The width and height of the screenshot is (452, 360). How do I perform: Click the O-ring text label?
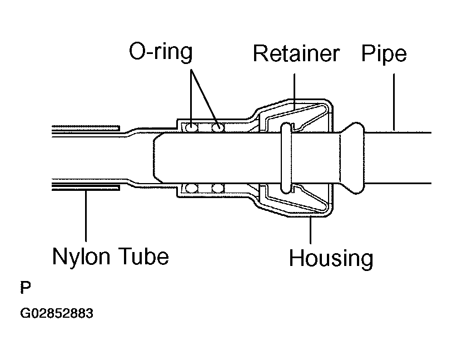[x=161, y=52]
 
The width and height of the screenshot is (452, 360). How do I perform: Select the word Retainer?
[x=296, y=53]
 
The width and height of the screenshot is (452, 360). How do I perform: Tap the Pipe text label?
[x=384, y=53]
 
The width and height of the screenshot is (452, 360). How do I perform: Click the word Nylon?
[x=81, y=256]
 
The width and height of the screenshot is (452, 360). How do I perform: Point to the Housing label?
[x=331, y=258]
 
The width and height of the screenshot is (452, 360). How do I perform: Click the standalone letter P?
[x=26, y=287]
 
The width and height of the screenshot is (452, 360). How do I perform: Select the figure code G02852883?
[x=57, y=313]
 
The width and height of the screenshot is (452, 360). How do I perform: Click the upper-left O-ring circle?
[x=191, y=127]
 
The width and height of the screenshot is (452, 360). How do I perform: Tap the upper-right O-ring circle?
[x=218, y=127]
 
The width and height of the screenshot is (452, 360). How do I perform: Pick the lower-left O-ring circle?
[x=191, y=188]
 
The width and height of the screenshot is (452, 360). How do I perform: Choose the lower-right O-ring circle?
[x=218, y=188]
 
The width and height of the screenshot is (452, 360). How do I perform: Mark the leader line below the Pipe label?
[x=394, y=102]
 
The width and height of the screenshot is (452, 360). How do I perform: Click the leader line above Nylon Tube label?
[x=86, y=215]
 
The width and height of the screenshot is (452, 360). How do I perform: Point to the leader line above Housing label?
[x=310, y=230]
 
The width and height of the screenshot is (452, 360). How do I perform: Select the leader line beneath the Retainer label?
[x=294, y=92]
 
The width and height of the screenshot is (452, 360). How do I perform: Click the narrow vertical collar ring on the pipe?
[x=286, y=158]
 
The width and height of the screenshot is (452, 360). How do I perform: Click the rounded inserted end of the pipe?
[x=158, y=158]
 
